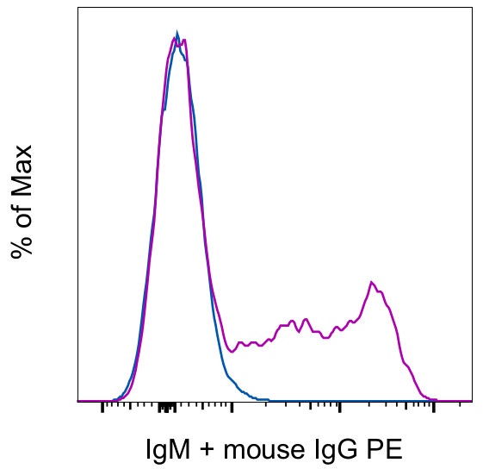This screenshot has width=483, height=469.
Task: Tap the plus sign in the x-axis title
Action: coord(207,450)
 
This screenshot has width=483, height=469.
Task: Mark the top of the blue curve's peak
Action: coord(176,34)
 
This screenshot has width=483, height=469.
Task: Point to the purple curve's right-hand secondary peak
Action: coord(371,282)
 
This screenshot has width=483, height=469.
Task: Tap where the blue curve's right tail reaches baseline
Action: coord(267,400)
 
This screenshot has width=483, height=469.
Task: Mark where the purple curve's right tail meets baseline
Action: coord(435,400)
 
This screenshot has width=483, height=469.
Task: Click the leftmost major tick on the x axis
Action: coord(102,406)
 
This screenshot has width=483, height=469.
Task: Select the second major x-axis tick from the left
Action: coord(231,406)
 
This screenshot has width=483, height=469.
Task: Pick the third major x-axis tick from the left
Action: coord(340,406)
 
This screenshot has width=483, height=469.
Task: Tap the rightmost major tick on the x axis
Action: coord(433,406)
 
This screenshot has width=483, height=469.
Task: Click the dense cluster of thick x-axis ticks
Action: coord(168,405)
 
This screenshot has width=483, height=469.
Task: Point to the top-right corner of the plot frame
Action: coord(472,8)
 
